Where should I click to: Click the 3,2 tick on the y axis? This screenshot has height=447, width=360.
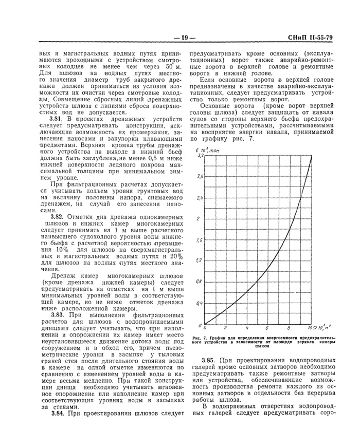point(201,155)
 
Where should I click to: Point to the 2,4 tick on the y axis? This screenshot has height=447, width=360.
point(200,197)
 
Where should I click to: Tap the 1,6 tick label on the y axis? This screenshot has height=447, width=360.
point(200,240)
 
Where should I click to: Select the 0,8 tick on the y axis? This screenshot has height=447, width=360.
point(200,282)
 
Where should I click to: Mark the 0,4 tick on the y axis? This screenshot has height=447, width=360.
point(200,304)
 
